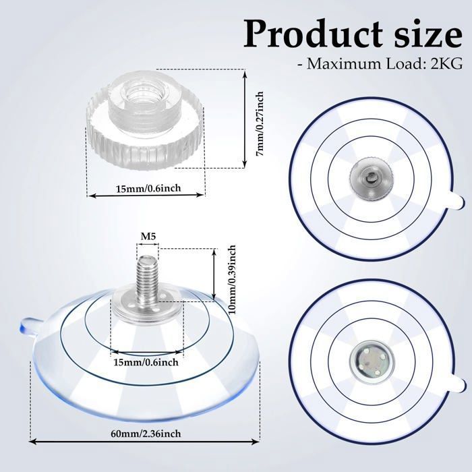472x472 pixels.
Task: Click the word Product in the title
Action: [313, 34]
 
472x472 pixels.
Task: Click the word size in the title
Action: [428, 34]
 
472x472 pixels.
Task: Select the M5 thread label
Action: [149, 237]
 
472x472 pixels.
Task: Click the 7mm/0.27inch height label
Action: [260, 123]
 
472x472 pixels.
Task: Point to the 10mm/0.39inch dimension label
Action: [232, 280]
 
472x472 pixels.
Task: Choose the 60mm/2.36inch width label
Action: [146, 434]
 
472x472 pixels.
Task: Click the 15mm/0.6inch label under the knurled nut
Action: [149, 188]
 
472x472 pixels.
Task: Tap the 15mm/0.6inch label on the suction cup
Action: [146, 362]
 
